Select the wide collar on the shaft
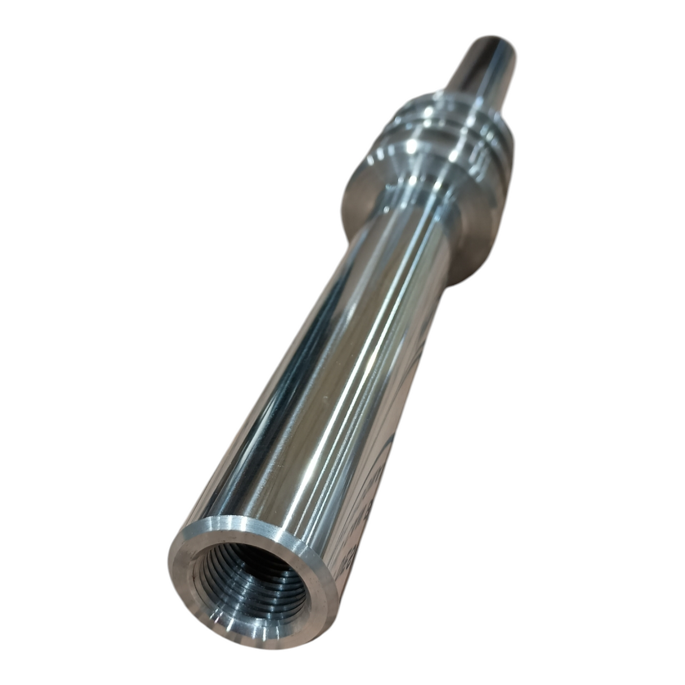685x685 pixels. point(429,169)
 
